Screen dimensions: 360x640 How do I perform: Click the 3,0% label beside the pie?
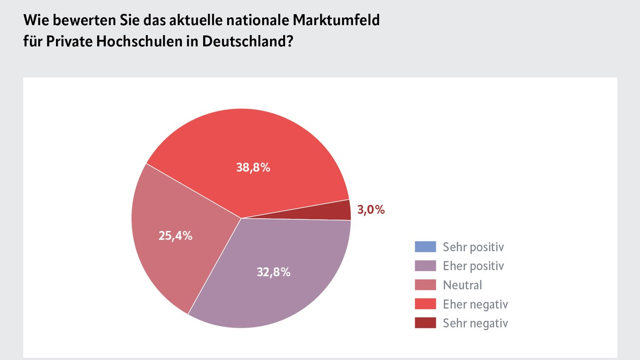pyautogui.click(x=371, y=210)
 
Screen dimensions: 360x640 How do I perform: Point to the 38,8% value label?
pyautogui.click(x=253, y=167)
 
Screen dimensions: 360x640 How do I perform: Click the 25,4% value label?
pyautogui.click(x=175, y=235)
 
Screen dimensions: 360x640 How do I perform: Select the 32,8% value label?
pyautogui.click(x=273, y=272)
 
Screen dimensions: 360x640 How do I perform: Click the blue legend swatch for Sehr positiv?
pyautogui.click(x=425, y=246)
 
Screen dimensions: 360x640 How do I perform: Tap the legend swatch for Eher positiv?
pyautogui.click(x=425, y=266)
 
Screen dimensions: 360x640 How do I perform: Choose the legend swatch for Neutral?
pyautogui.click(x=425, y=285)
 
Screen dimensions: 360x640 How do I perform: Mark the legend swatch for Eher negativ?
pyautogui.click(x=425, y=304)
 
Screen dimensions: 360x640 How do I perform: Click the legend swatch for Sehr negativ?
pyautogui.click(x=425, y=323)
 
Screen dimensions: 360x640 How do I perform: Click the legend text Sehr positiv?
pyautogui.click(x=473, y=247)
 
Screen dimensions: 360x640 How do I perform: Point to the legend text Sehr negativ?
pyautogui.click(x=475, y=323)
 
